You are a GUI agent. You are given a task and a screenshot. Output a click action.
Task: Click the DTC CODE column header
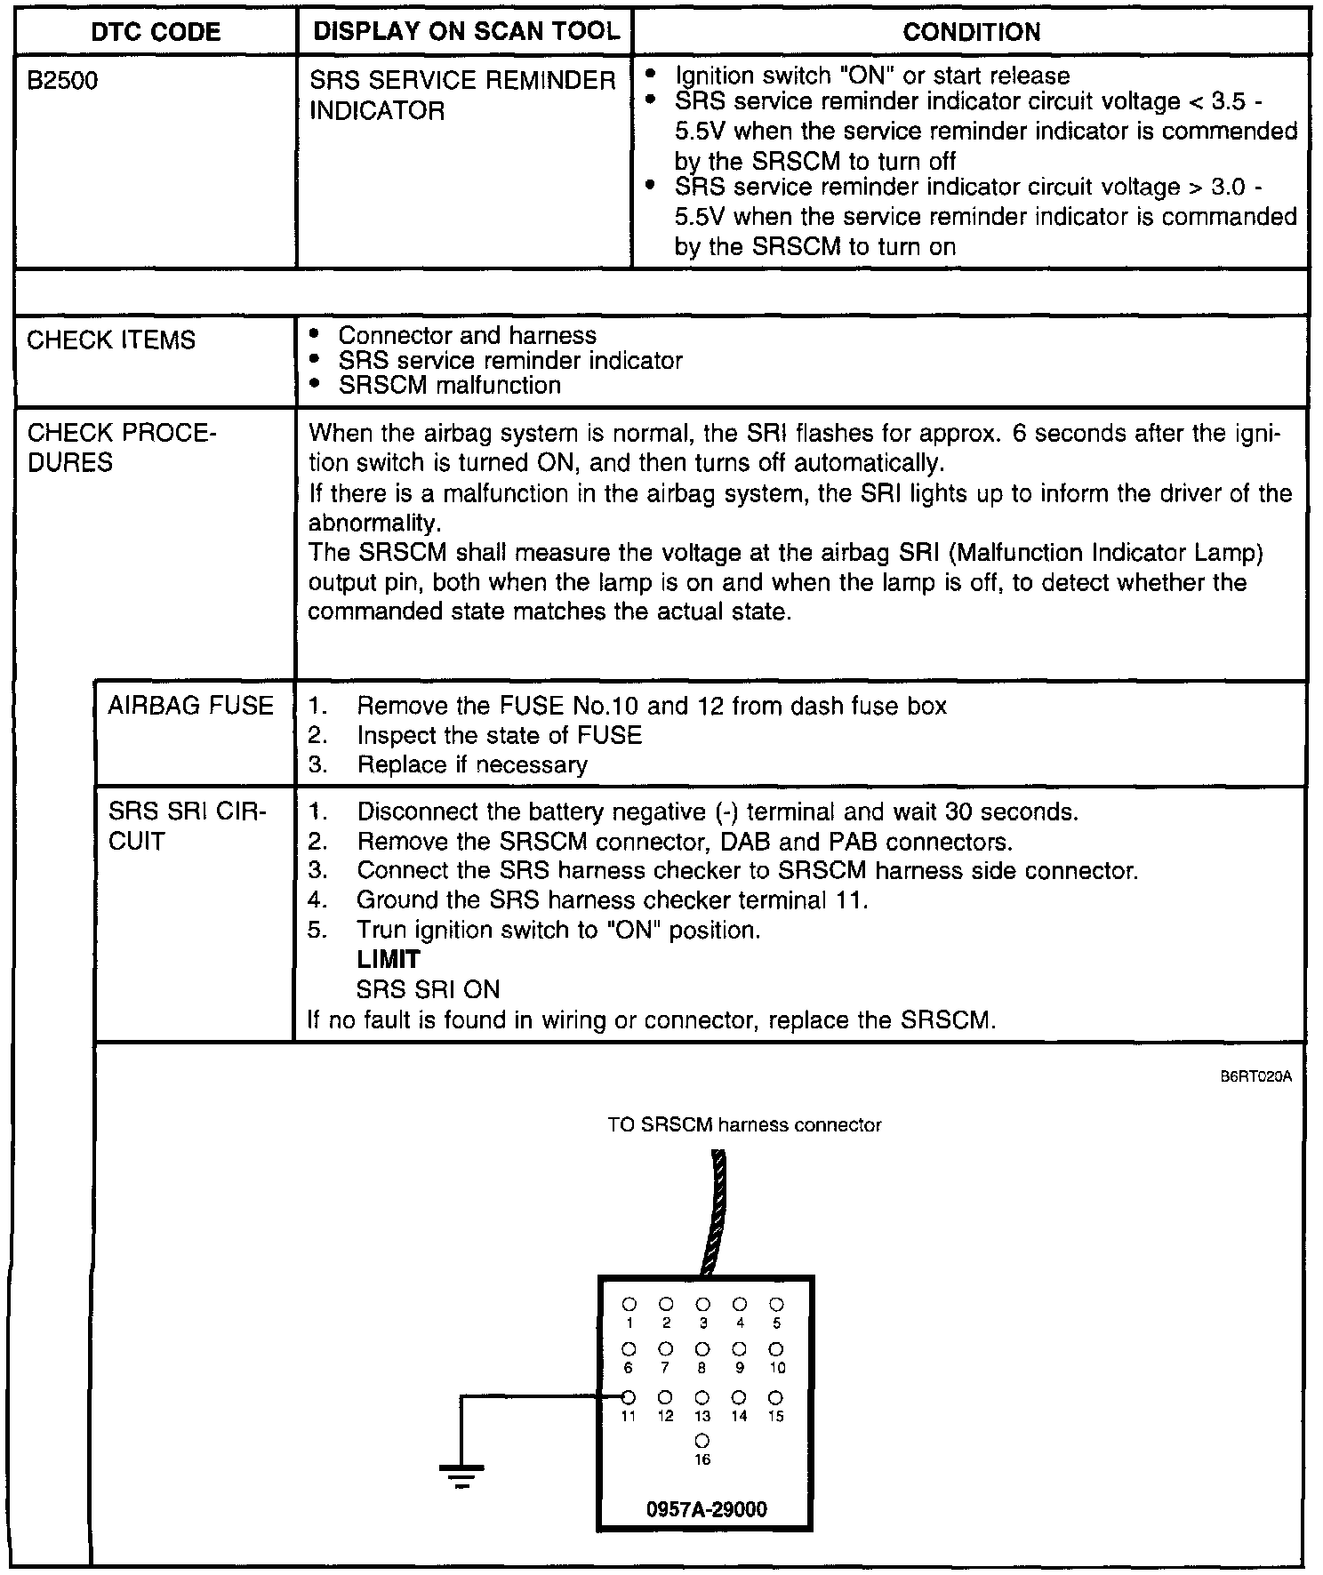156,32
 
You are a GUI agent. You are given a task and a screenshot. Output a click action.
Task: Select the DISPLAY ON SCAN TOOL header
466,31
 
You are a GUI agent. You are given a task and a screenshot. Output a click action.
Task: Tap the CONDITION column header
971,32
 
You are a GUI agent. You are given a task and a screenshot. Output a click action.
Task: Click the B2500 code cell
62,82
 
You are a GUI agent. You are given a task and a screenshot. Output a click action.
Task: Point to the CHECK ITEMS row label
110,340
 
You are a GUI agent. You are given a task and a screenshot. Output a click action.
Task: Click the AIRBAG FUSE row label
190,706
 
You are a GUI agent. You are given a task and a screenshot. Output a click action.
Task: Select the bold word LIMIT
388,960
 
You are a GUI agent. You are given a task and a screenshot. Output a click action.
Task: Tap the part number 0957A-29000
707,1509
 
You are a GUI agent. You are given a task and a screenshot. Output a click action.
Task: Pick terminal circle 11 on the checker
629,1396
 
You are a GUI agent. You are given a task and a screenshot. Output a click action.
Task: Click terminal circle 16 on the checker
702,1440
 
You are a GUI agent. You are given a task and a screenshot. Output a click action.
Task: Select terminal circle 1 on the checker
629,1304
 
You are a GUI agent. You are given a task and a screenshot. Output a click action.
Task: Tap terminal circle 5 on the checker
776,1304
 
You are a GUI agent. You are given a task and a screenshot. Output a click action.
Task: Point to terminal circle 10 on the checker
776,1350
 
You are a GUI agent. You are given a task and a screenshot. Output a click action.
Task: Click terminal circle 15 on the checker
776,1397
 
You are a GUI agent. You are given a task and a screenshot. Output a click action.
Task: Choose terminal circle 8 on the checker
702,1350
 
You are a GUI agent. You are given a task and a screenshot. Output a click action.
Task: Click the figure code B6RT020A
1255,1077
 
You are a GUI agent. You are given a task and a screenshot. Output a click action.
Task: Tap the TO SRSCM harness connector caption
744,1125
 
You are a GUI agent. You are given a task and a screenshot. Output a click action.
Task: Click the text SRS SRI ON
428,990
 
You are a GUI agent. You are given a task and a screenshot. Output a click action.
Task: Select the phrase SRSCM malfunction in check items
450,386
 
